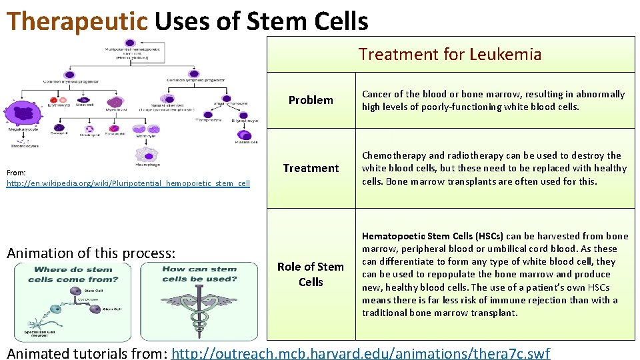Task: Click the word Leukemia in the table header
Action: (505, 54)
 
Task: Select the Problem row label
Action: (311, 100)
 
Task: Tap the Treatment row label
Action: (311, 168)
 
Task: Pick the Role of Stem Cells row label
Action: (311, 274)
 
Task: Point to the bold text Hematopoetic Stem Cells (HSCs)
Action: (433, 236)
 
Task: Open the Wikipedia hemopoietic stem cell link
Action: (128, 183)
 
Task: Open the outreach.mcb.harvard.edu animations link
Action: (361, 353)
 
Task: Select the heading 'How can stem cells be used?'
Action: (199, 274)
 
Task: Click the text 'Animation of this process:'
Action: (91, 253)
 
